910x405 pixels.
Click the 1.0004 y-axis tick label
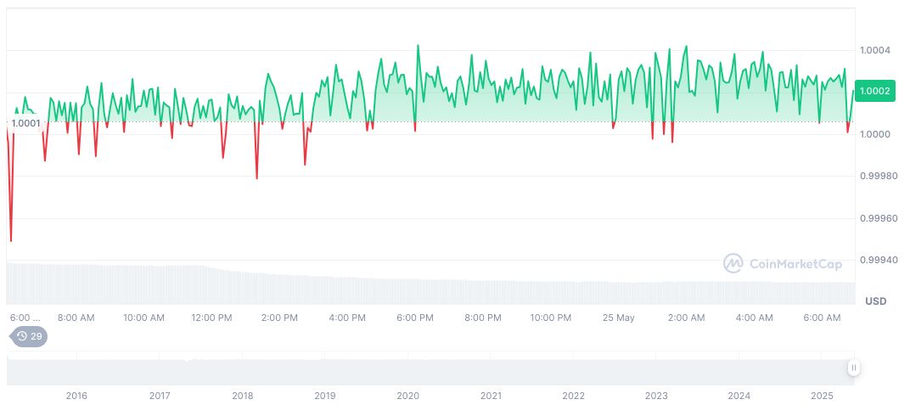(x=875, y=50)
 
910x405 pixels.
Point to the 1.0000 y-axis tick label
(x=875, y=134)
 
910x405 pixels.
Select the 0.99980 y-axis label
(x=878, y=176)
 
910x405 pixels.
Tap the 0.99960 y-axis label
(x=878, y=218)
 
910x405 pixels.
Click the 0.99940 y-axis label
(x=878, y=260)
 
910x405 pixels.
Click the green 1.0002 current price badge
(x=874, y=92)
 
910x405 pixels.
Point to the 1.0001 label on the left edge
(x=25, y=123)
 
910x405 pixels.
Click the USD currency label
(x=875, y=301)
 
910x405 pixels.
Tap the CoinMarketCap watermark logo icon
(x=733, y=263)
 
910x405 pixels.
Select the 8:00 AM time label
(x=76, y=318)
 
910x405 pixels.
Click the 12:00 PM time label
(x=211, y=318)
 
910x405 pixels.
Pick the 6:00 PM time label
(x=415, y=318)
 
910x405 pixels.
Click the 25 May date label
(x=618, y=318)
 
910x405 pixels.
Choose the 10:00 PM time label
(x=551, y=318)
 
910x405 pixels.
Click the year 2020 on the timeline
(x=407, y=396)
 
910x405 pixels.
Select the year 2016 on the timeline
(x=76, y=396)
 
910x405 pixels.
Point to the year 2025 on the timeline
(x=822, y=396)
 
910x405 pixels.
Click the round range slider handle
(x=853, y=368)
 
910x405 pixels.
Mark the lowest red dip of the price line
(x=11, y=241)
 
